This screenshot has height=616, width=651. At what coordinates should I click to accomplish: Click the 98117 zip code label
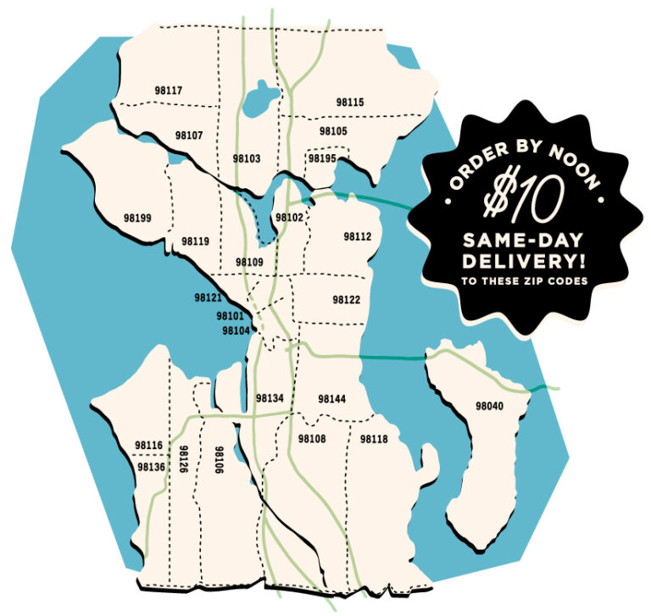pos(169,91)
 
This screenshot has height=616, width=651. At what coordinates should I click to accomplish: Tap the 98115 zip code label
pos(349,103)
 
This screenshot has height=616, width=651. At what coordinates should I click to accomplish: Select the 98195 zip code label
pos(322,158)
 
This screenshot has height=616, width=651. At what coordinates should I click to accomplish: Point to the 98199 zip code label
pos(136,218)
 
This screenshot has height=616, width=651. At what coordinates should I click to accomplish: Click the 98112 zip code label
pos(358,237)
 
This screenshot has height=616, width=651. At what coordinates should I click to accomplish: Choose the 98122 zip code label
pos(346,300)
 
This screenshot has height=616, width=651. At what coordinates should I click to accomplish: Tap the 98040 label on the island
pos(489,407)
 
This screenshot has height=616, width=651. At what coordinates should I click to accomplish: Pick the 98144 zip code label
pos(332,398)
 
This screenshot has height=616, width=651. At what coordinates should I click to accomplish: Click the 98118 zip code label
pos(373,439)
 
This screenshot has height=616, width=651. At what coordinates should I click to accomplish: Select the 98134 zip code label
pos(269,398)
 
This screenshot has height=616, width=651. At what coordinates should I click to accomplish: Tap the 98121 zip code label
pos(207,298)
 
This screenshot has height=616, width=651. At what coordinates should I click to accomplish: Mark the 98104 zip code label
pos(236,330)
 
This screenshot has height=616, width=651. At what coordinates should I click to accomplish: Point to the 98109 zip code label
pos(249,263)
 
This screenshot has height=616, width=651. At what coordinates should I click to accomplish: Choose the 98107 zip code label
pos(189,136)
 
